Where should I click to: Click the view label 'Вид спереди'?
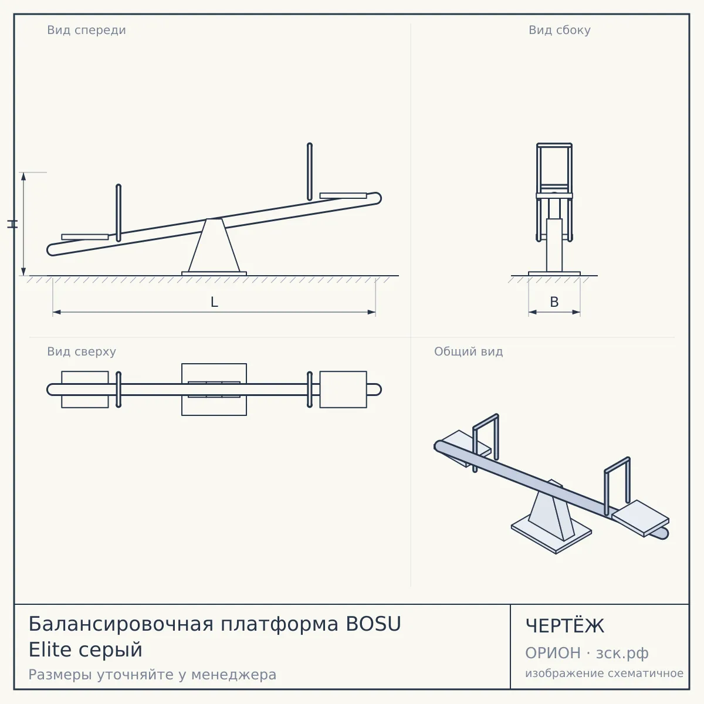pos(86,30)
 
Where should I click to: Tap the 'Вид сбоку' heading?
pos(559,30)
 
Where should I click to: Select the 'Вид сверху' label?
pos(82,351)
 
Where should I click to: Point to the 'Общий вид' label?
pos(468,351)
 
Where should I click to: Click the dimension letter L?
pos(214,302)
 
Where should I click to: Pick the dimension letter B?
pos(554,302)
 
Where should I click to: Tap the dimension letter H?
pos(12,224)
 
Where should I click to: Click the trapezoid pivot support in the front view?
pos(214,245)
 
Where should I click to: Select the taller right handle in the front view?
pos(309,171)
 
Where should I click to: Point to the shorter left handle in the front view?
pos(119,213)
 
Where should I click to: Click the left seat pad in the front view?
pos(84,237)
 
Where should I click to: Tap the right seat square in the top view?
pos(343,390)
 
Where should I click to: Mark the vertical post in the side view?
pos(554,245)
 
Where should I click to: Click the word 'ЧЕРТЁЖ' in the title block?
pos(564,626)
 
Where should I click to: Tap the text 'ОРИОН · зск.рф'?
pos(587,653)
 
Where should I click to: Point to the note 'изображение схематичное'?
pos(604,673)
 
